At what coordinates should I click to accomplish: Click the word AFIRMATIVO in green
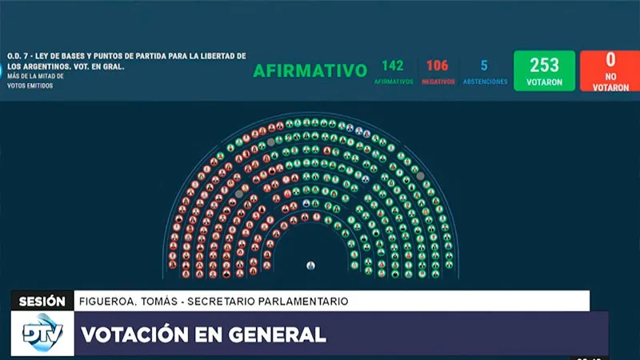coord(310,70)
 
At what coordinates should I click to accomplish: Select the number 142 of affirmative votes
coord(393,66)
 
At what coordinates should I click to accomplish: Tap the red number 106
coord(437,66)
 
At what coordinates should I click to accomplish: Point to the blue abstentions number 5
coord(484,66)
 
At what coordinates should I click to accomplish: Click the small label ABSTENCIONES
coord(484,82)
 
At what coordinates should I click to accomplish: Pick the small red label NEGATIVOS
coord(438,82)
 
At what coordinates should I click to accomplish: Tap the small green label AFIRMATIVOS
coord(393,82)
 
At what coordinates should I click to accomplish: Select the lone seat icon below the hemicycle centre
coord(310,265)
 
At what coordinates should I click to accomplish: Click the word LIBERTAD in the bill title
coord(216,56)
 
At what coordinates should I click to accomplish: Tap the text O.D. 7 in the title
coord(21,56)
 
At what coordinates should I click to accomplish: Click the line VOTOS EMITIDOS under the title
coord(32,86)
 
